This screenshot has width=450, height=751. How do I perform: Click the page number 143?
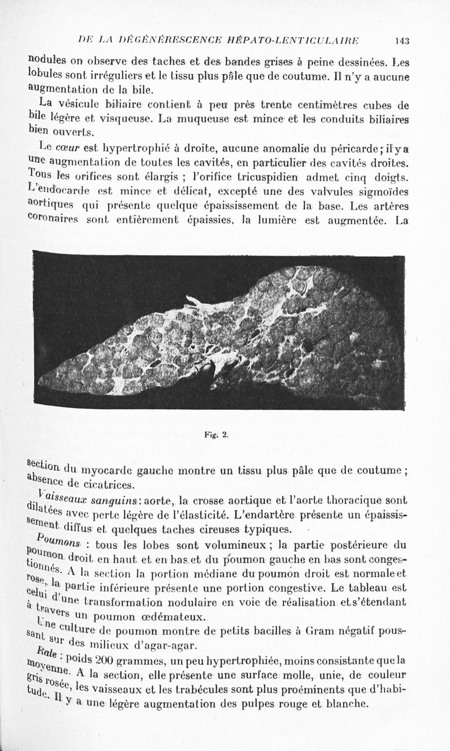[x=402, y=40]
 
